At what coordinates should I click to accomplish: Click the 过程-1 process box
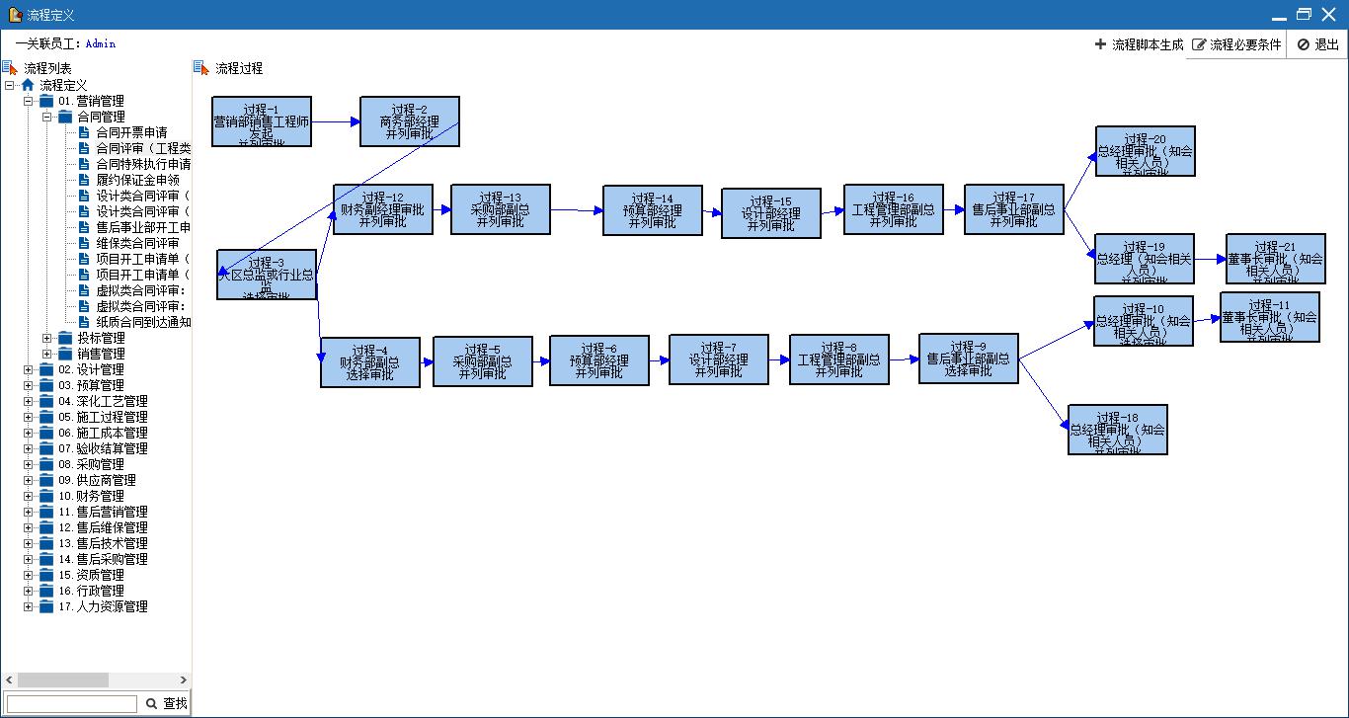[x=262, y=121]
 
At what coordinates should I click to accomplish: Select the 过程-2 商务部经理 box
[x=410, y=121]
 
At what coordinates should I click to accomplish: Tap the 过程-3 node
[x=267, y=275]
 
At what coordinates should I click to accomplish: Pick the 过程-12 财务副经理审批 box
[x=382, y=209]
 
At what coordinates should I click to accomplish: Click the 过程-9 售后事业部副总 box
[x=968, y=359]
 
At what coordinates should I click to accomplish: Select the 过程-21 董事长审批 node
[x=1275, y=259]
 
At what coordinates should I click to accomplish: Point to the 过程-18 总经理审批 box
[x=1117, y=430]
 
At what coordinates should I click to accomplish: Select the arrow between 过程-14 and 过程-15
[x=712, y=211]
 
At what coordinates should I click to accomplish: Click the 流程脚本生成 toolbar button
[x=1139, y=44]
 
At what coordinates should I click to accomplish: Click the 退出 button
[x=1318, y=44]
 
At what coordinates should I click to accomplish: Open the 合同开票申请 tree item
[x=131, y=132]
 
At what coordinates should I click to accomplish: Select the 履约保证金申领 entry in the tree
[x=137, y=180]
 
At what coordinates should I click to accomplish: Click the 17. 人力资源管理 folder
[x=112, y=606]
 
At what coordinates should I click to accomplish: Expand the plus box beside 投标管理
[x=46, y=338]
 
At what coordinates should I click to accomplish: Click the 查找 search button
[x=166, y=703]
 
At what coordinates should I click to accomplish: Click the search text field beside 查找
[x=72, y=703]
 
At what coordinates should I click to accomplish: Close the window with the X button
[x=1329, y=14]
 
